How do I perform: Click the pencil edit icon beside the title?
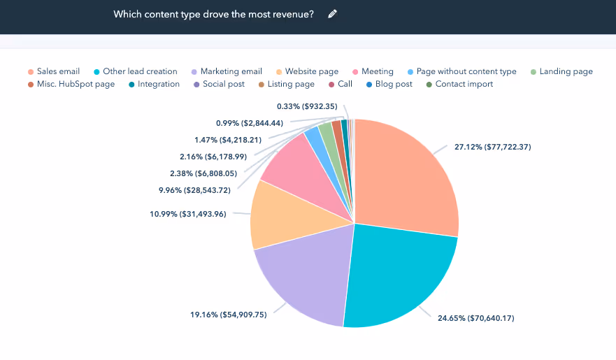[x=332, y=14]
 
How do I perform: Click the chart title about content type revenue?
[x=213, y=14]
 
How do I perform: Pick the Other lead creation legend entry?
[x=139, y=71]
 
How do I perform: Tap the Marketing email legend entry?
[x=231, y=71]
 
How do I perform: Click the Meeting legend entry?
[x=377, y=71]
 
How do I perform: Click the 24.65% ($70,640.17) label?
[x=475, y=318]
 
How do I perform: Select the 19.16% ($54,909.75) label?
[x=228, y=315]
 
